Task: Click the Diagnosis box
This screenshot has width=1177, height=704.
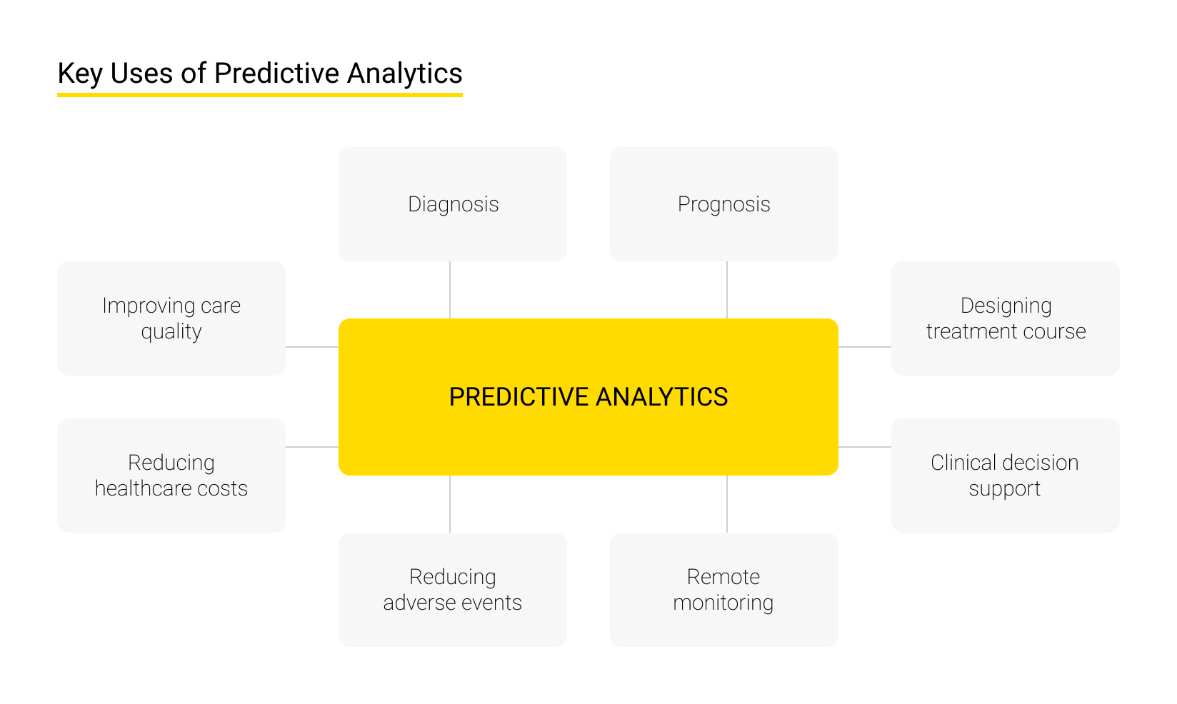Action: [453, 204]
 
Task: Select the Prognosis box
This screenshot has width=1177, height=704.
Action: [723, 204]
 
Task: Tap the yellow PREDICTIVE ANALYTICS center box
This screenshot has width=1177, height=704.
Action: [588, 396]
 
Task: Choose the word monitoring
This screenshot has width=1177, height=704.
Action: [723, 603]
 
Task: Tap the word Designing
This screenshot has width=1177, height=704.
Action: [1006, 306]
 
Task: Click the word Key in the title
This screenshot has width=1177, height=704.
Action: [79, 74]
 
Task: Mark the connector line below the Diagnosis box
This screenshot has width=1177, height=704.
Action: [450, 290]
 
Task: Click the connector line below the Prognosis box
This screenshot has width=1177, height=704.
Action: [727, 290]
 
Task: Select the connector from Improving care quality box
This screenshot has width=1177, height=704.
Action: [312, 347]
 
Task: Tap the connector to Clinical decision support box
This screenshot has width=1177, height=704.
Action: [864, 447]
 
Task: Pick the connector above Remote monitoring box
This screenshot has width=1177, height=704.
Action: [727, 504]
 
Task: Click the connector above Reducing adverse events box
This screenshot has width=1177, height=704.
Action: [450, 504]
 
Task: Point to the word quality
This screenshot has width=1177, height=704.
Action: [171, 332]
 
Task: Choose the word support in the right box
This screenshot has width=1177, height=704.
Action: [1004, 489]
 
